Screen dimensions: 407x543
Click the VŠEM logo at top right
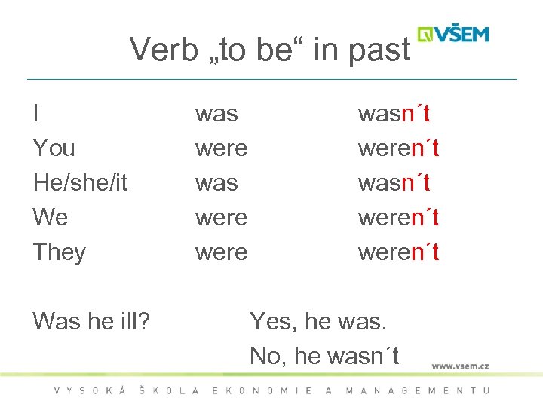point(453,34)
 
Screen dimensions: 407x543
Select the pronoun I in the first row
point(36,114)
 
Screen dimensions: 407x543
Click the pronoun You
point(54,148)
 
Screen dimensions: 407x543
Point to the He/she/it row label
point(80,183)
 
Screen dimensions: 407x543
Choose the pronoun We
point(51,218)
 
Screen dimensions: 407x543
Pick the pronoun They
point(60,252)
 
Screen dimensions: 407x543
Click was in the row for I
point(216,114)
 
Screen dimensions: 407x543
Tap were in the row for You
point(221,148)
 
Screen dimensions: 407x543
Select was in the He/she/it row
point(216,183)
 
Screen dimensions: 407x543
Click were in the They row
point(221,252)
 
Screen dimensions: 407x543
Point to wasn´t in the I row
point(394,114)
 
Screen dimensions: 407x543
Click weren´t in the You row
point(398,148)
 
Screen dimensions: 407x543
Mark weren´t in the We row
point(398,218)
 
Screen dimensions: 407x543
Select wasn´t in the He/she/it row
point(394,183)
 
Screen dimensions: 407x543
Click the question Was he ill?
point(91,322)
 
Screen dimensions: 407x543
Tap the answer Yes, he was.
point(318,322)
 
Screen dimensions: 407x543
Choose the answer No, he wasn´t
point(324,356)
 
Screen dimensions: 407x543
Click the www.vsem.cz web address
point(460,366)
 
